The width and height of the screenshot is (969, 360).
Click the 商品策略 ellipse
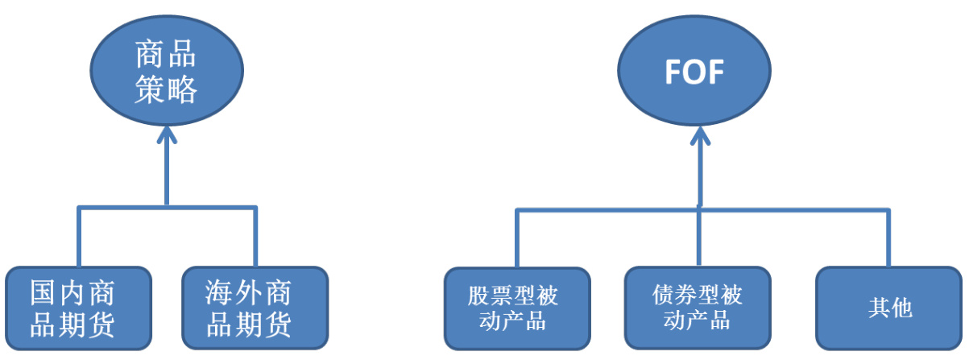pos(167,72)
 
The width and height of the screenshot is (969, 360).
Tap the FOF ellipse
pos(694,72)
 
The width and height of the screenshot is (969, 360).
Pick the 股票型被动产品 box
pos(516,308)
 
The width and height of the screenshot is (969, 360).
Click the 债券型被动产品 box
pos(698,308)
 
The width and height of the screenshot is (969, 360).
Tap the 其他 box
pos(888,308)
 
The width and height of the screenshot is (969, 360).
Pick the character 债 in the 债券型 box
pos(663,295)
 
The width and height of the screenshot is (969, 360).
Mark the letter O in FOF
pos(694,73)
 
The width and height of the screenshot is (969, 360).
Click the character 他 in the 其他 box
pos(902,308)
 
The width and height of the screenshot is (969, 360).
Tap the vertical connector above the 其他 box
pos(889,238)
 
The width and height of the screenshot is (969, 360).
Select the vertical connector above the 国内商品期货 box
pos(78,237)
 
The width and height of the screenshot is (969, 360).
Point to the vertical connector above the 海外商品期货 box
pos(255,237)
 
